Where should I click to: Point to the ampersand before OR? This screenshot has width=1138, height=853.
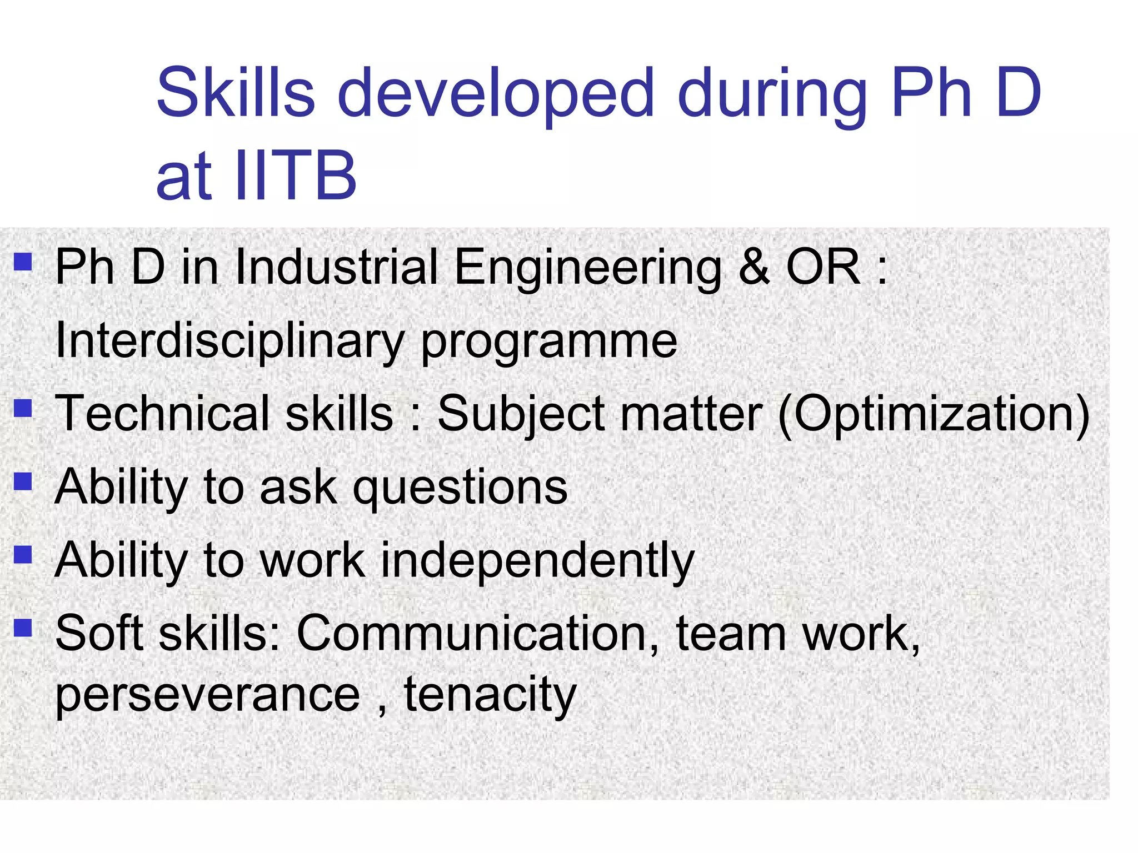click(754, 267)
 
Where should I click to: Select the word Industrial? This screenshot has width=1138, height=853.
click(337, 267)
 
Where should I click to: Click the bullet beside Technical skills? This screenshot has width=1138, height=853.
click(23, 409)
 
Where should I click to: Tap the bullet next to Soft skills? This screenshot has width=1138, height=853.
click(23, 628)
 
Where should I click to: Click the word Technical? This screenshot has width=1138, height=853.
click(162, 413)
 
